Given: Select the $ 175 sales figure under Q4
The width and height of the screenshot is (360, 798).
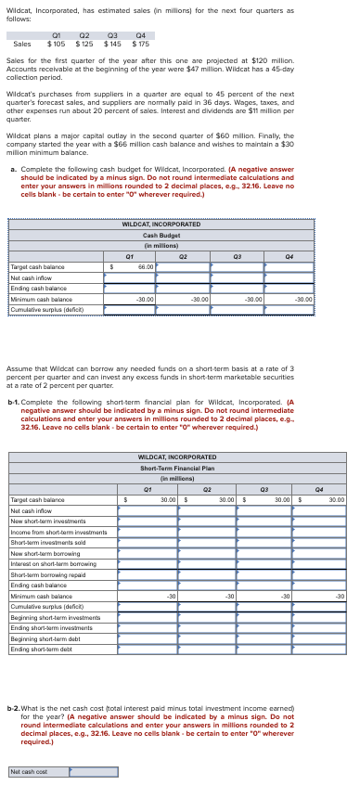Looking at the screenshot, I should [141, 44].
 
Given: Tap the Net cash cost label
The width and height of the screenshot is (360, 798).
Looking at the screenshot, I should [28, 771].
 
